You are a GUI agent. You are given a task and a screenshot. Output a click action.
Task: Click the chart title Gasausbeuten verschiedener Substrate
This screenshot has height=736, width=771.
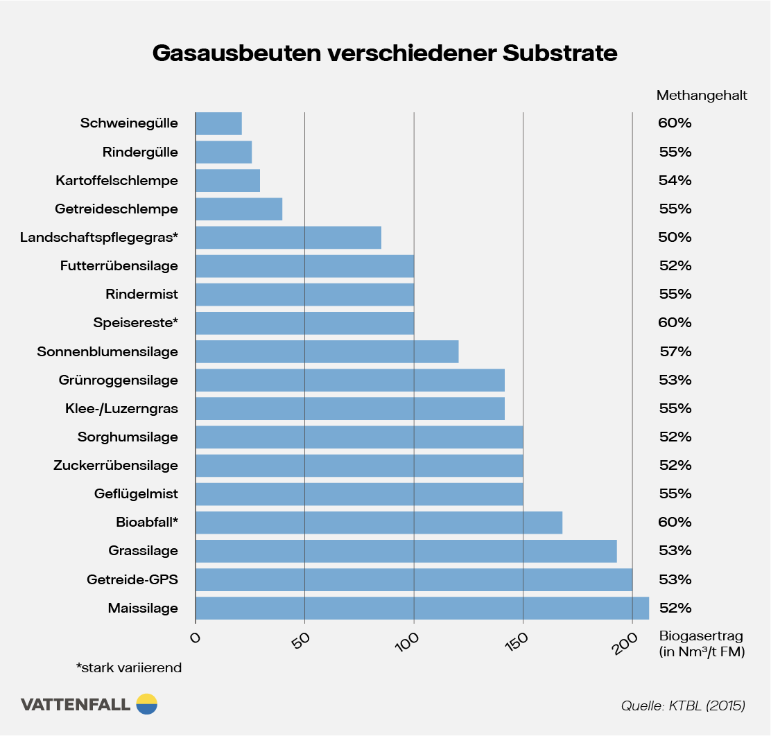(x=385, y=53)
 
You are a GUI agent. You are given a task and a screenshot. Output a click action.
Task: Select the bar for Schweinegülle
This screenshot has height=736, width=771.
(x=218, y=123)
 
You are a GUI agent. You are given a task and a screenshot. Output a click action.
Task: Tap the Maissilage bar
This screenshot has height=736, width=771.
(x=422, y=608)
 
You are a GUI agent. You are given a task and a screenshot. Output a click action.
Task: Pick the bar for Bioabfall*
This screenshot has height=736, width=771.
(x=379, y=523)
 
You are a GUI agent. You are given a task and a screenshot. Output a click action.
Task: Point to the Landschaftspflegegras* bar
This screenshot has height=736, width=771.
(x=288, y=238)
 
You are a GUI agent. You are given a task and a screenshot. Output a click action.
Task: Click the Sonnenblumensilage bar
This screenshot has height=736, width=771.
(x=327, y=351)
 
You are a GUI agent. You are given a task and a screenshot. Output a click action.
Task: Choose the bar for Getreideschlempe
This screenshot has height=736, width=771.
(x=239, y=209)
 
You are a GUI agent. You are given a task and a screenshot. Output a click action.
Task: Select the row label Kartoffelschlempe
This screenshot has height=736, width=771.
(x=116, y=181)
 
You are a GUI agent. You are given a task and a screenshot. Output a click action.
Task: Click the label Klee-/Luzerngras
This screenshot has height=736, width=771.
(x=121, y=409)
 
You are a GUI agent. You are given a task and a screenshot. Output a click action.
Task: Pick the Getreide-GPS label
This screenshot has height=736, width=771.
(x=132, y=579)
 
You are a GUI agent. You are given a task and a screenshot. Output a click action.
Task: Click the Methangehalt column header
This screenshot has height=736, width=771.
(x=702, y=96)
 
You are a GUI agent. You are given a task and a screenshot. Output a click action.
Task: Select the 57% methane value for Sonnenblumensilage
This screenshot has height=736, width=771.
(x=675, y=351)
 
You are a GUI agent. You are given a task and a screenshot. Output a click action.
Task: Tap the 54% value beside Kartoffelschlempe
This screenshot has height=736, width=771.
(x=675, y=181)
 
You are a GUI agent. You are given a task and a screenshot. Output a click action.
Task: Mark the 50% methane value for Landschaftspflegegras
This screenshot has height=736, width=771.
(x=675, y=238)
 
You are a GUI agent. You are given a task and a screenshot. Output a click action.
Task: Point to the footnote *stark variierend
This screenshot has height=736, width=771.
(x=129, y=668)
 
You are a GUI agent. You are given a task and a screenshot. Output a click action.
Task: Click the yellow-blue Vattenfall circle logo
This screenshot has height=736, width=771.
(x=147, y=703)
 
